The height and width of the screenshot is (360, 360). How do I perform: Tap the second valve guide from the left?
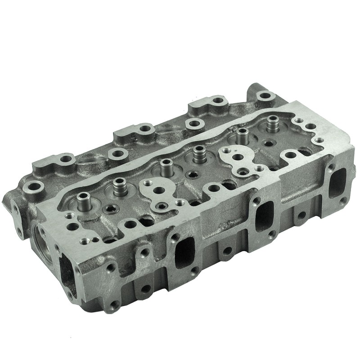tap(119, 185)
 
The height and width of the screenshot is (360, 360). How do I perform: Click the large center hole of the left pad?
tap(158, 191)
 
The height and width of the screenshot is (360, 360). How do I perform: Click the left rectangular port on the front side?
tap(184, 252)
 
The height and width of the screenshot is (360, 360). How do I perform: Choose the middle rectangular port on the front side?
tap(265, 215)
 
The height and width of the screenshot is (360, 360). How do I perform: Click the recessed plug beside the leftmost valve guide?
tap(110, 208)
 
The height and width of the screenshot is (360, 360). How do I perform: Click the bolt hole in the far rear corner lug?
tap(266, 95)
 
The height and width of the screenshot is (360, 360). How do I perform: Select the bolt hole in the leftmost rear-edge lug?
tap(33, 185)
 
